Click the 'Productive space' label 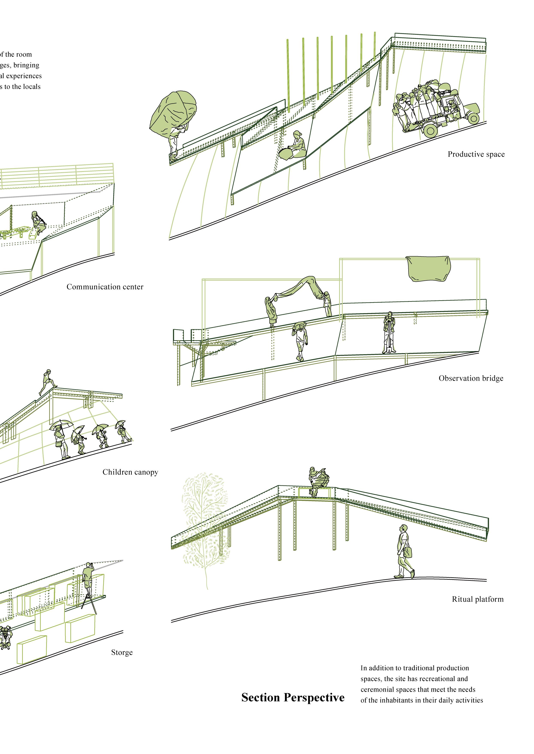pos(476,154)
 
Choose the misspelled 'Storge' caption pos(122,652)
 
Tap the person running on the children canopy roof pos(47,382)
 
